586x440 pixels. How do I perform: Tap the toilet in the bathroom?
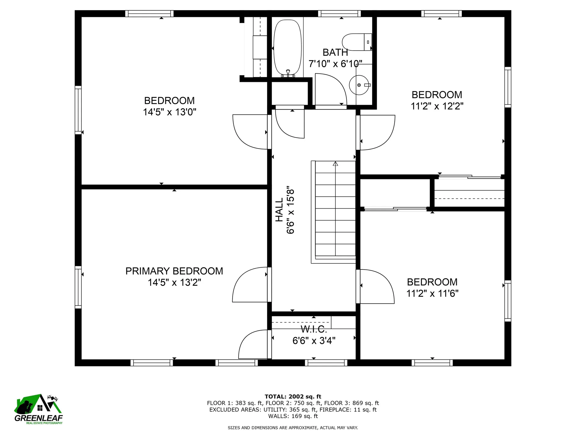(x=357, y=42)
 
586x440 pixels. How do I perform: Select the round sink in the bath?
(x=360, y=85)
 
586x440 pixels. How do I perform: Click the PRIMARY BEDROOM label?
(x=174, y=271)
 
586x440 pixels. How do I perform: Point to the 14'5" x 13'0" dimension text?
(x=169, y=112)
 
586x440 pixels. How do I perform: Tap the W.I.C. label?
(x=314, y=329)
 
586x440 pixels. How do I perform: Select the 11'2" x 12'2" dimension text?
(x=437, y=106)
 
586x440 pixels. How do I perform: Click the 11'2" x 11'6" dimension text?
(x=432, y=294)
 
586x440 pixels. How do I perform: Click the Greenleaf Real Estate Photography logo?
(x=38, y=409)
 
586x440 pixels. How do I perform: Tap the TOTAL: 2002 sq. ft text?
(x=293, y=397)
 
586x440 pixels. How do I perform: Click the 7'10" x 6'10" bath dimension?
(x=335, y=64)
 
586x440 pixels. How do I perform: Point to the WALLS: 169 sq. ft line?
(x=293, y=416)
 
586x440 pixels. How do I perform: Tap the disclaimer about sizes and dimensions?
(x=293, y=428)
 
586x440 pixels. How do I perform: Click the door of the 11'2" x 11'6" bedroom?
(x=375, y=287)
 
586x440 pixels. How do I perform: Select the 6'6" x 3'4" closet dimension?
(x=314, y=341)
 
